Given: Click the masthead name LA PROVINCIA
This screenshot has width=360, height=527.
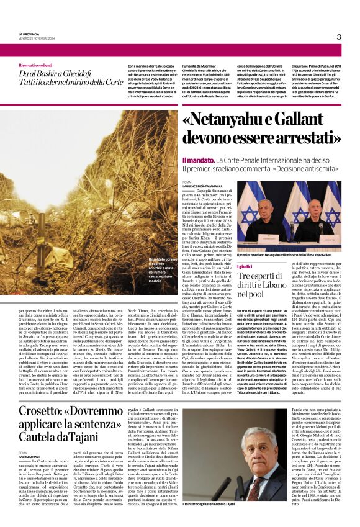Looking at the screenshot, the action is tap(29, 34).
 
